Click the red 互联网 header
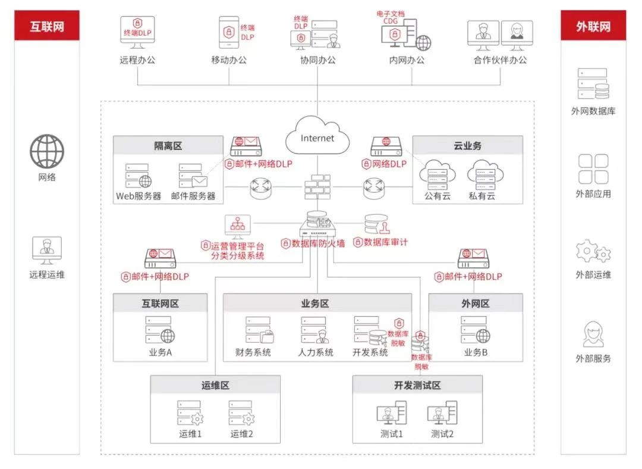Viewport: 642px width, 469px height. pyautogui.click(x=46, y=27)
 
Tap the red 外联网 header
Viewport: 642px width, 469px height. pyautogui.click(x=593, y=27)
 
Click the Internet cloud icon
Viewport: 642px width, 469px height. pyautogui.click(x=317, y=138)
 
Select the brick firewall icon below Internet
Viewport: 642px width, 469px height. pyautogui.click(x=317, y=187)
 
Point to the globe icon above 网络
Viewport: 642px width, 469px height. pyautogui.click(x=46, y=151)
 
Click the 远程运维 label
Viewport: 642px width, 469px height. pyautogui.click(x=46, y=274)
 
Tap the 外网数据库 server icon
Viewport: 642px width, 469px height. pyautogui.click(x=593, y=84)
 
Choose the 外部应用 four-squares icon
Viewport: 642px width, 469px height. pyautogui.click(x=593, y=169)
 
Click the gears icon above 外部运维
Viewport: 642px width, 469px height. pyautogui.click(x=593, y=252)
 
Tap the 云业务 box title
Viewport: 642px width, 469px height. pyautogui.click(x=467, y=146)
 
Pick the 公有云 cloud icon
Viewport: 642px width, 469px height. pyautogui.click(x=438, y=174)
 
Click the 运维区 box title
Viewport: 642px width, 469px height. pyautogui.click(x=215, y=385)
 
